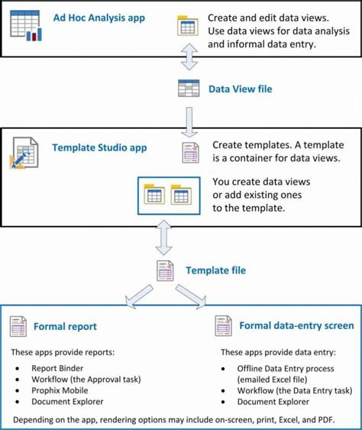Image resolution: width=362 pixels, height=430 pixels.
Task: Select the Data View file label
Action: coord(240,89)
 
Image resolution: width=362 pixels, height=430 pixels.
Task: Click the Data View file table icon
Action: coord(188,89)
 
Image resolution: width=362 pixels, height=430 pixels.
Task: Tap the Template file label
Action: coord(215,270)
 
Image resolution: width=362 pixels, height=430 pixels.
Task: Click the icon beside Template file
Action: coord(166,271)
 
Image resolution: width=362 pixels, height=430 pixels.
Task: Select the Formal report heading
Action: coord(65,326)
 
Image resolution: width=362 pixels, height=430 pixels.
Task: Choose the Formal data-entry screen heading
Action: coord(286,325)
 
